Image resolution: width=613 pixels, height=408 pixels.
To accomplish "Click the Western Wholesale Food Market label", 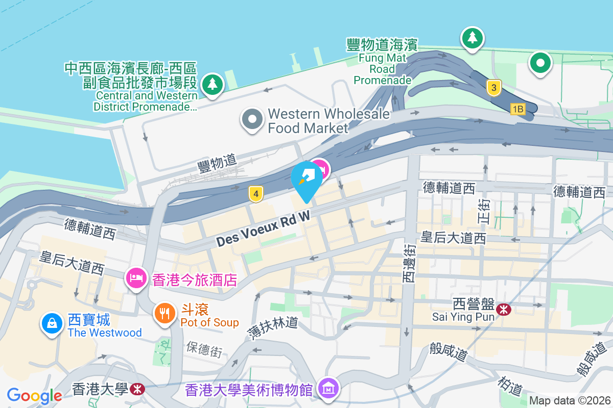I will click(328, 121).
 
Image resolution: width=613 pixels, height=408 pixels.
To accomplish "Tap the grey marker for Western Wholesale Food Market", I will click(252, 120).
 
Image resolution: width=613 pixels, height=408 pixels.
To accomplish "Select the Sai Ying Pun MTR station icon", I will click(504, 309).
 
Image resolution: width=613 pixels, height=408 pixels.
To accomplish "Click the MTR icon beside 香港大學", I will click(137, 390).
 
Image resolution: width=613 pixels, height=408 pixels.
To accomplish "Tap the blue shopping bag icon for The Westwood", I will click(52, 323).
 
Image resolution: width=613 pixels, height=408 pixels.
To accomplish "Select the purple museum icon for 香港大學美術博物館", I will click(328, 389).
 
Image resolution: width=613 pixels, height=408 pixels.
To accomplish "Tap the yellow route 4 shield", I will click(256, 193).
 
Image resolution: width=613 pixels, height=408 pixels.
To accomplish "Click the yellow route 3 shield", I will click(492, 88).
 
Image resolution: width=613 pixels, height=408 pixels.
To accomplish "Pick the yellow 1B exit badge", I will click(517, 109).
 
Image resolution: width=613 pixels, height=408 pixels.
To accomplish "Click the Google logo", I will click(34, 395).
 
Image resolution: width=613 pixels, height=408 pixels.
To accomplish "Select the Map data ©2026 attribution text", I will click(569, 400).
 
